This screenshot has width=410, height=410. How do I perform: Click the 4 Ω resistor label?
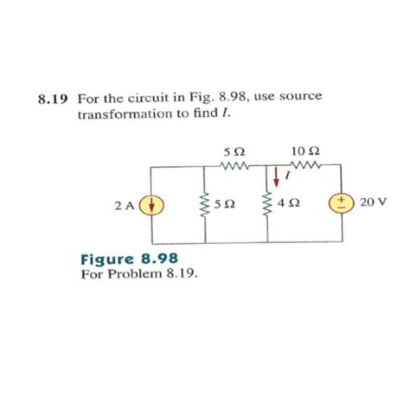tap(291, 206)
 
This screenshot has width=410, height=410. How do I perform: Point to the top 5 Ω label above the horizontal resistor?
tap(232, 152)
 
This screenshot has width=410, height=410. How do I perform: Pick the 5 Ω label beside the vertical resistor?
tap(223, 206)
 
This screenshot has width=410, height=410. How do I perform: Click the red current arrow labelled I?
tap(277, 176)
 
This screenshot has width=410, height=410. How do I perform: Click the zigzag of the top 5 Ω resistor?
tap(234, 167)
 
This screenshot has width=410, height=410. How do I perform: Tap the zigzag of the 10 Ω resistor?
tap(307, 167)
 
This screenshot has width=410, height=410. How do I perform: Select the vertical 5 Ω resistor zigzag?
tap(205, 206)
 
